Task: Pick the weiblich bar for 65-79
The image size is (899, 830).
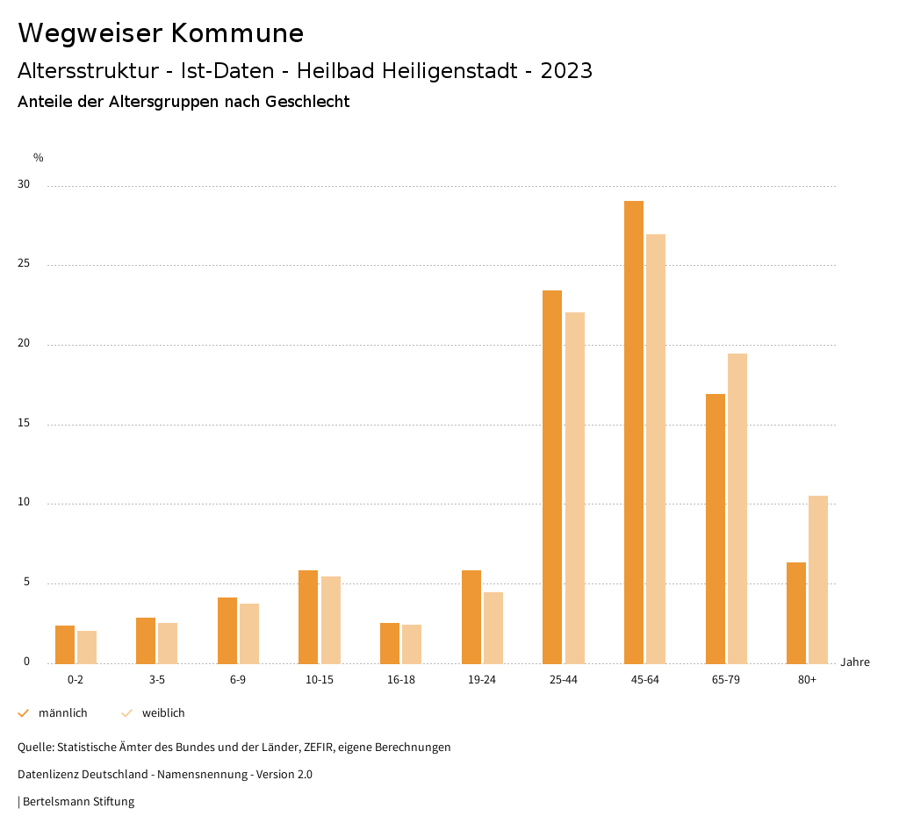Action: tap(737, 508)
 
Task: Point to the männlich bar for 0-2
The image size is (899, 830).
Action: tap(65, 644)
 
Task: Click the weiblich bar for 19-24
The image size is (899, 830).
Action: tap(493, 627)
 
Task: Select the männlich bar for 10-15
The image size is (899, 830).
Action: tap(308, 617)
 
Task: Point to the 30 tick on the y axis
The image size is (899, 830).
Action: tap(24, 185)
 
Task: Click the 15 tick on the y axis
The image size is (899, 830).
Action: tap(24, 424)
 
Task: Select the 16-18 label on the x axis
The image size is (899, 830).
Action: tap(400, 680)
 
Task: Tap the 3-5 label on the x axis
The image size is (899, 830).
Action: tap(157, 680)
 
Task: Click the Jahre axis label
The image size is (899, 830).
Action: tap(855, 662)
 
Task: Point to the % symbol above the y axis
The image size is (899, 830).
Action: tap(39, 158)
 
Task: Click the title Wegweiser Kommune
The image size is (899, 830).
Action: tap(161, 33)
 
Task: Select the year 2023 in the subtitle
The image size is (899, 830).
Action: tap(566, 71)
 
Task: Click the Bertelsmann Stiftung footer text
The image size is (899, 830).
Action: tap(78, 802)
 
